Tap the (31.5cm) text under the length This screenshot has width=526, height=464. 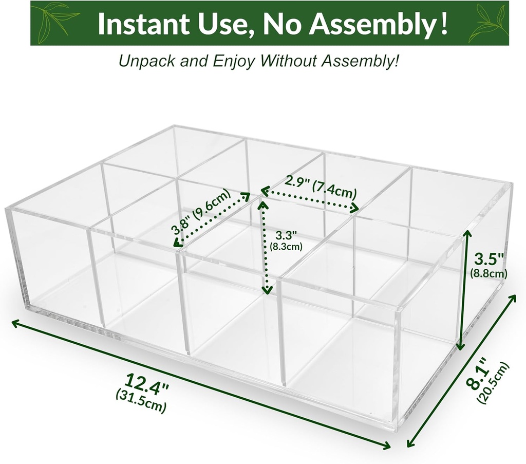[x=143, y=401]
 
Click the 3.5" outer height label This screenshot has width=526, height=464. [x=489, y=257]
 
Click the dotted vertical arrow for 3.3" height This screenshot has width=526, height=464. [x=266, y=247]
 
